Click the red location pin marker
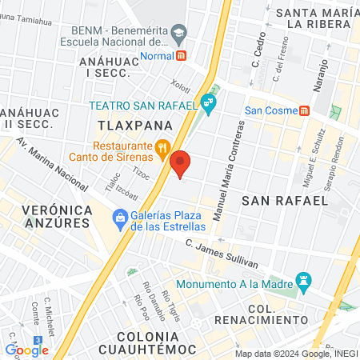tap(181, 164)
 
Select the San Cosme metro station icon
tap(305, 110)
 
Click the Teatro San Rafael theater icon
tap(209, 102)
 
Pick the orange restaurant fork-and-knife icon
tap(162, 146)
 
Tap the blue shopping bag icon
tap(120, 217)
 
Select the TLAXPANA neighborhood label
tap(125, 126)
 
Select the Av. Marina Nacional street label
tap(53, 164)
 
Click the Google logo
tap(27, 350)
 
